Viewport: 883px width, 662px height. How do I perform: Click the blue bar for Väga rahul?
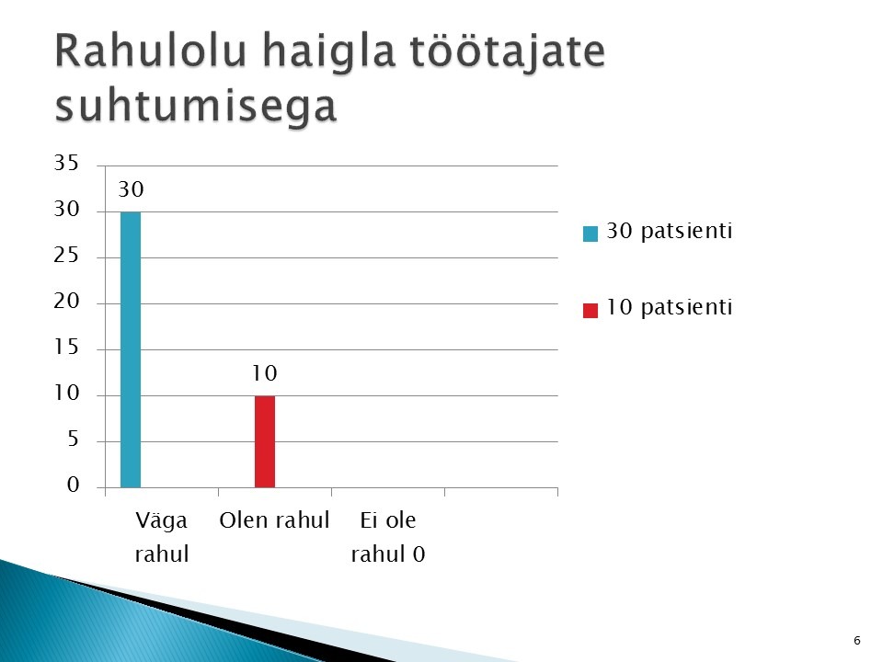click(131, 349)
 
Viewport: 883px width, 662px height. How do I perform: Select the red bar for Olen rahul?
click(265, 442)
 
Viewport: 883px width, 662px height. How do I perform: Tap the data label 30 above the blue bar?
click(131, 189)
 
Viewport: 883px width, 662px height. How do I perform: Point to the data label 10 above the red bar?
click(264, 373)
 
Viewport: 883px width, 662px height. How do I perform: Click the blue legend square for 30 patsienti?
click(591, 234)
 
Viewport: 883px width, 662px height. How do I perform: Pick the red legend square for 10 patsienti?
click(591, 311)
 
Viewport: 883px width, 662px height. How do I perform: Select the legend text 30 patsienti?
click(669, 231)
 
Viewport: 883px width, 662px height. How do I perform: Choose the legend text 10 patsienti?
click(669, 307)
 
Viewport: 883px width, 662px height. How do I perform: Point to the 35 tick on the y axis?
click(66, 163)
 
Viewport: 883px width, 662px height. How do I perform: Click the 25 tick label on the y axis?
click(66, 256)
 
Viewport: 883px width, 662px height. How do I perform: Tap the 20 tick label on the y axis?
click(66, 302)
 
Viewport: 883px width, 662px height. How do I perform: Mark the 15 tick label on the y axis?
click(66, 347)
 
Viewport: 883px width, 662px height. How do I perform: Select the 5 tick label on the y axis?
click(74, 439)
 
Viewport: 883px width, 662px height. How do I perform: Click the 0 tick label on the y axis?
click(74, 485)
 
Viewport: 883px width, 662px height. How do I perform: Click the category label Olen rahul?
click(274, 520)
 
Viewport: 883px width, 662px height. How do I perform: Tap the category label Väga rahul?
click(162, 537)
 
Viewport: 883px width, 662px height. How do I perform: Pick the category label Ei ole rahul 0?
click(388, 537)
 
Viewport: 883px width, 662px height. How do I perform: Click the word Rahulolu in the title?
click(150, 51)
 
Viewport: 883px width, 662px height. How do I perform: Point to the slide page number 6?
click(857, 640)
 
